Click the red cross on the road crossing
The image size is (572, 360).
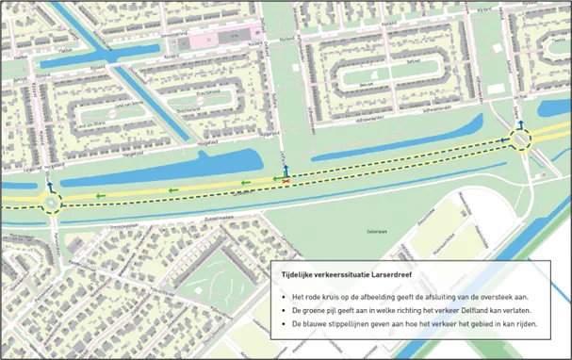287,181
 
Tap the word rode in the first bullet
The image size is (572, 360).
317,294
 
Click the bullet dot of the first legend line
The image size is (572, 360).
283,294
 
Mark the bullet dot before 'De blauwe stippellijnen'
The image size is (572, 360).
283,323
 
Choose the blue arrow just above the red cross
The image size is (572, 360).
287,170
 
